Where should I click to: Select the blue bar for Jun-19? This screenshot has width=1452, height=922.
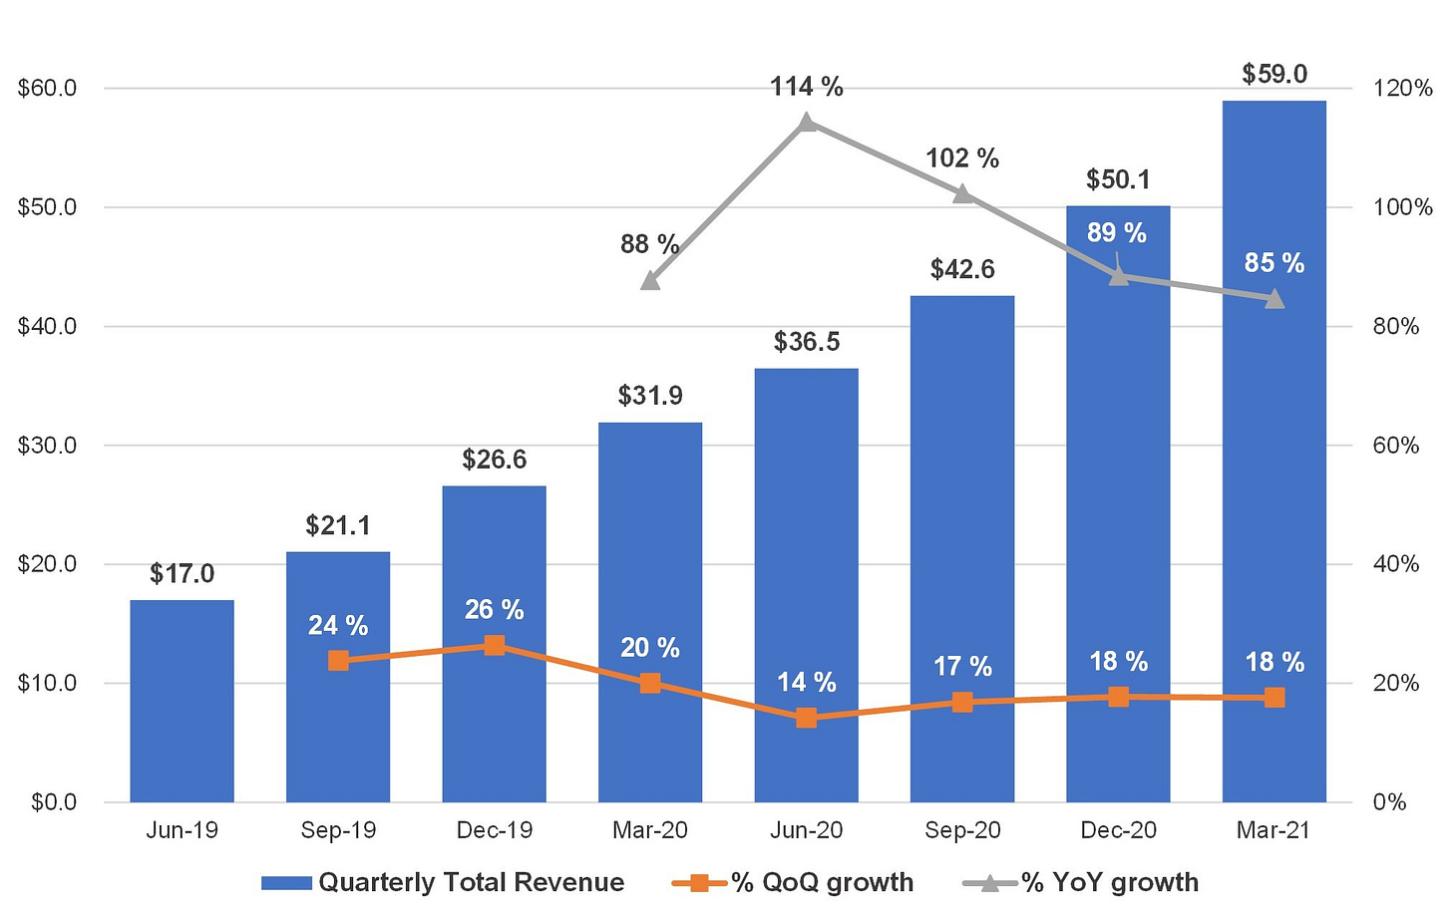tap(182, 701)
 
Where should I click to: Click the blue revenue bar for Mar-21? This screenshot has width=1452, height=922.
tap(1274, 452)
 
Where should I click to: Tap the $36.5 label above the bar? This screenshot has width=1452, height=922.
tap(807, 342)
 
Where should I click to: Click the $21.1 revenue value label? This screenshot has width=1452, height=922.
tap(338, 525)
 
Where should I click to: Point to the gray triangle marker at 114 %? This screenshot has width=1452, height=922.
tap(807, 122)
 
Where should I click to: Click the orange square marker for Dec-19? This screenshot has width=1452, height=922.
tap(495, 645)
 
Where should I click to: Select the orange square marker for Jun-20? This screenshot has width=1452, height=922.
tap(807, 718)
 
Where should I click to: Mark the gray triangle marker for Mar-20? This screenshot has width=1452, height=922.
tap(650, 281)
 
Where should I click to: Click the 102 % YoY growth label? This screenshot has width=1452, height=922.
tap(962, 158)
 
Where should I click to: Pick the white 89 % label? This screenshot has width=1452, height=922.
tap(1117, 232)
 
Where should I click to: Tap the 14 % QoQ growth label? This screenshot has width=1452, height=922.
tap(807, 682)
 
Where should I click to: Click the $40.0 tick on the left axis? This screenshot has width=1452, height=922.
tap(47, 326)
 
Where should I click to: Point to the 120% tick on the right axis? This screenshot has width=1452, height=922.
tap(1403, 88)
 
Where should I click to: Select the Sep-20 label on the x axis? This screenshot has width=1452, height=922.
tap(962, 830)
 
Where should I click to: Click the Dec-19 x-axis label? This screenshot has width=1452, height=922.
tap(495, 830)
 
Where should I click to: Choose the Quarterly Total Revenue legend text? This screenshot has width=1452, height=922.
tap(472, 882)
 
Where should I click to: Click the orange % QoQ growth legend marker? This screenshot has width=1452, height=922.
tap(699, 882)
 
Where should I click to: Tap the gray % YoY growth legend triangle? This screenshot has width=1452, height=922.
tap(989, 882)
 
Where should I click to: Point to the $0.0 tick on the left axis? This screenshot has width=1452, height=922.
tap(54, 802)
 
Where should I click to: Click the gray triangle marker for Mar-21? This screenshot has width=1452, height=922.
tap(1274, 299)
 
